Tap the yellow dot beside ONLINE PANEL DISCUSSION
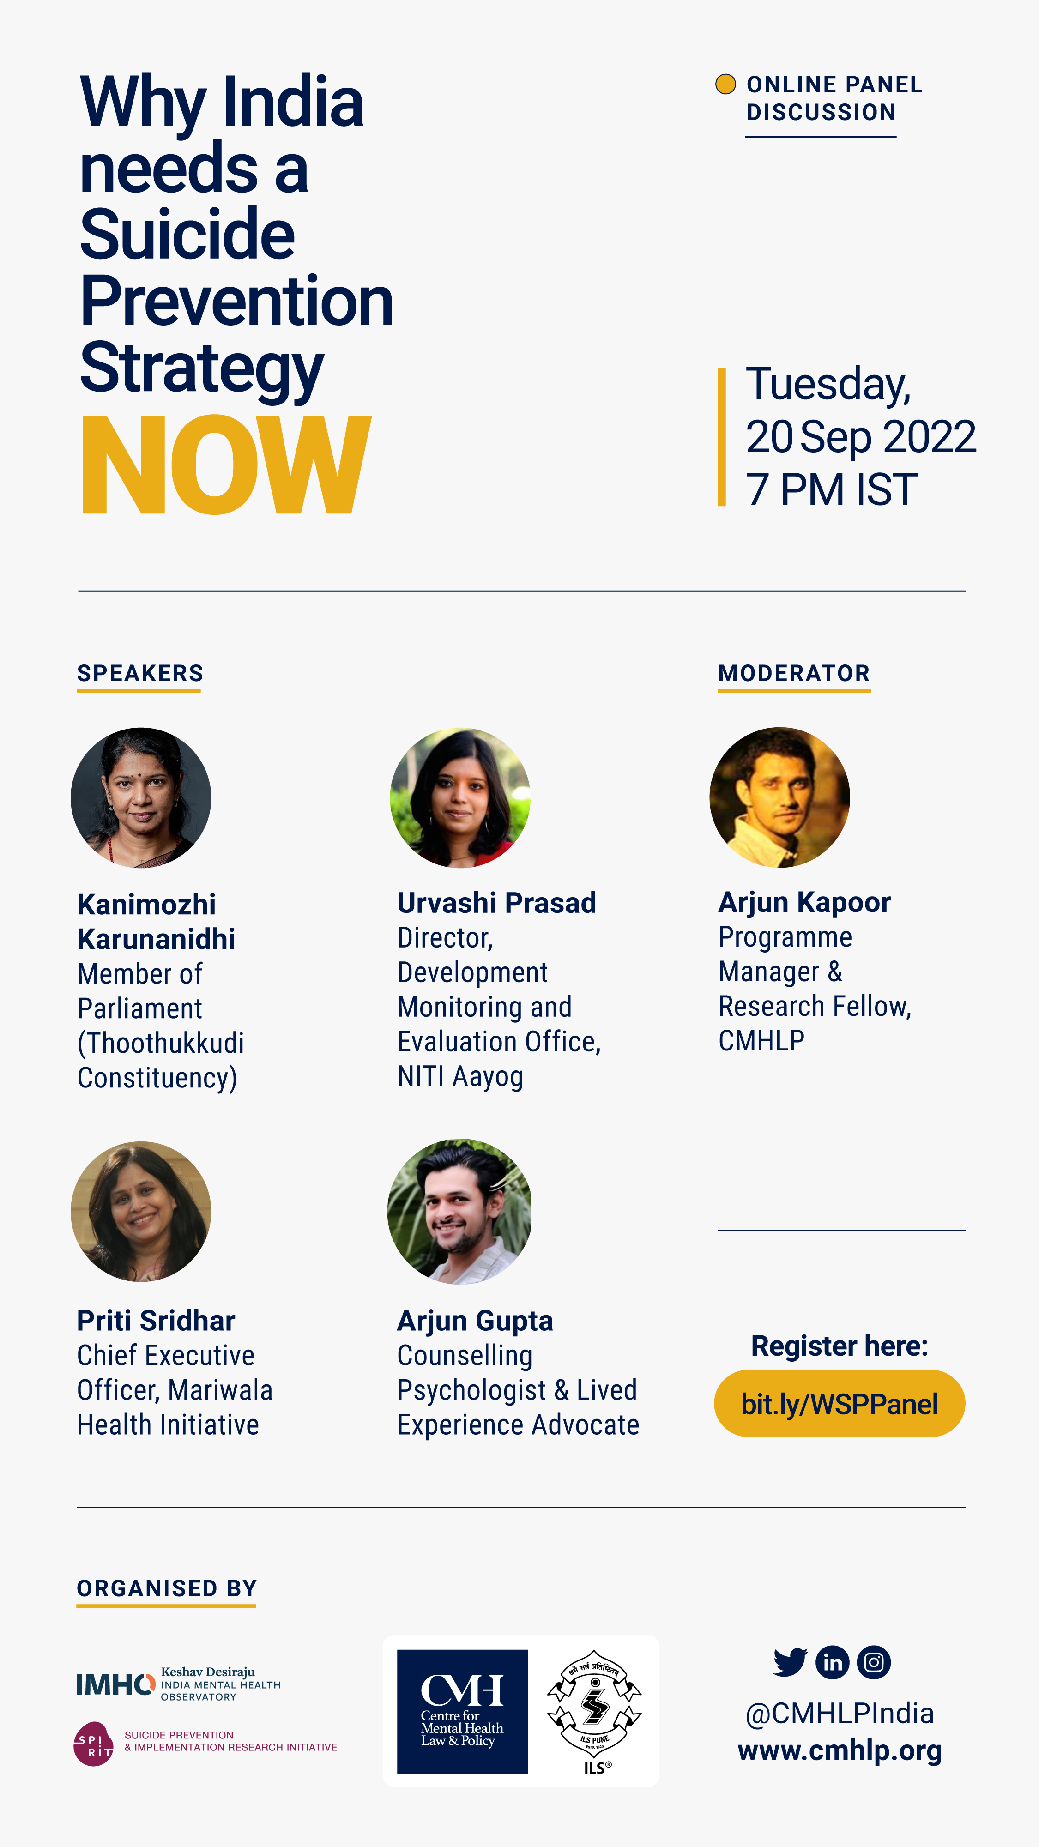tap(725, 84)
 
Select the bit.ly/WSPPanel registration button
tap(839, 1403)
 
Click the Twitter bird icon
tap(790, 1662)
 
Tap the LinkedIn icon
tap(833, 1662)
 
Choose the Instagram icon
tap(873, 1662)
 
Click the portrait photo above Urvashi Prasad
tap(460, 798)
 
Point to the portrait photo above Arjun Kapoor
tap(779, 797)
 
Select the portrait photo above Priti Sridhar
tap(140, 1212)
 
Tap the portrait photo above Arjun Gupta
tap(459, 1212)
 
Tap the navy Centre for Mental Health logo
tap(463, 1712)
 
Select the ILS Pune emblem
tap(594, 1712)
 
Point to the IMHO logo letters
tap(115, 1684)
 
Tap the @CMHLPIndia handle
tap(840, 1713)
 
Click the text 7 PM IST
tap(832, 490)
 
